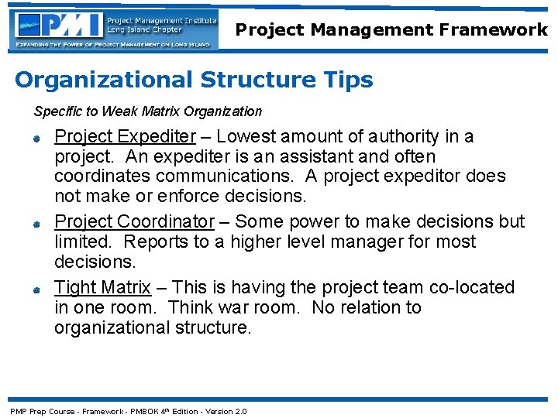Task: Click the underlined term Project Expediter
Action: point(125,137)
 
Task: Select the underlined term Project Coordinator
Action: point(134,221)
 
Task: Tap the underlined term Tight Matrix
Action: point(102,288)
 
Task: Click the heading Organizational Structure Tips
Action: point(194,80)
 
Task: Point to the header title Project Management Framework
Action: point(391,30)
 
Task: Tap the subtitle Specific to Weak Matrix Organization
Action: point(148,111)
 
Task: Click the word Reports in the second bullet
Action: point(153,242)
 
